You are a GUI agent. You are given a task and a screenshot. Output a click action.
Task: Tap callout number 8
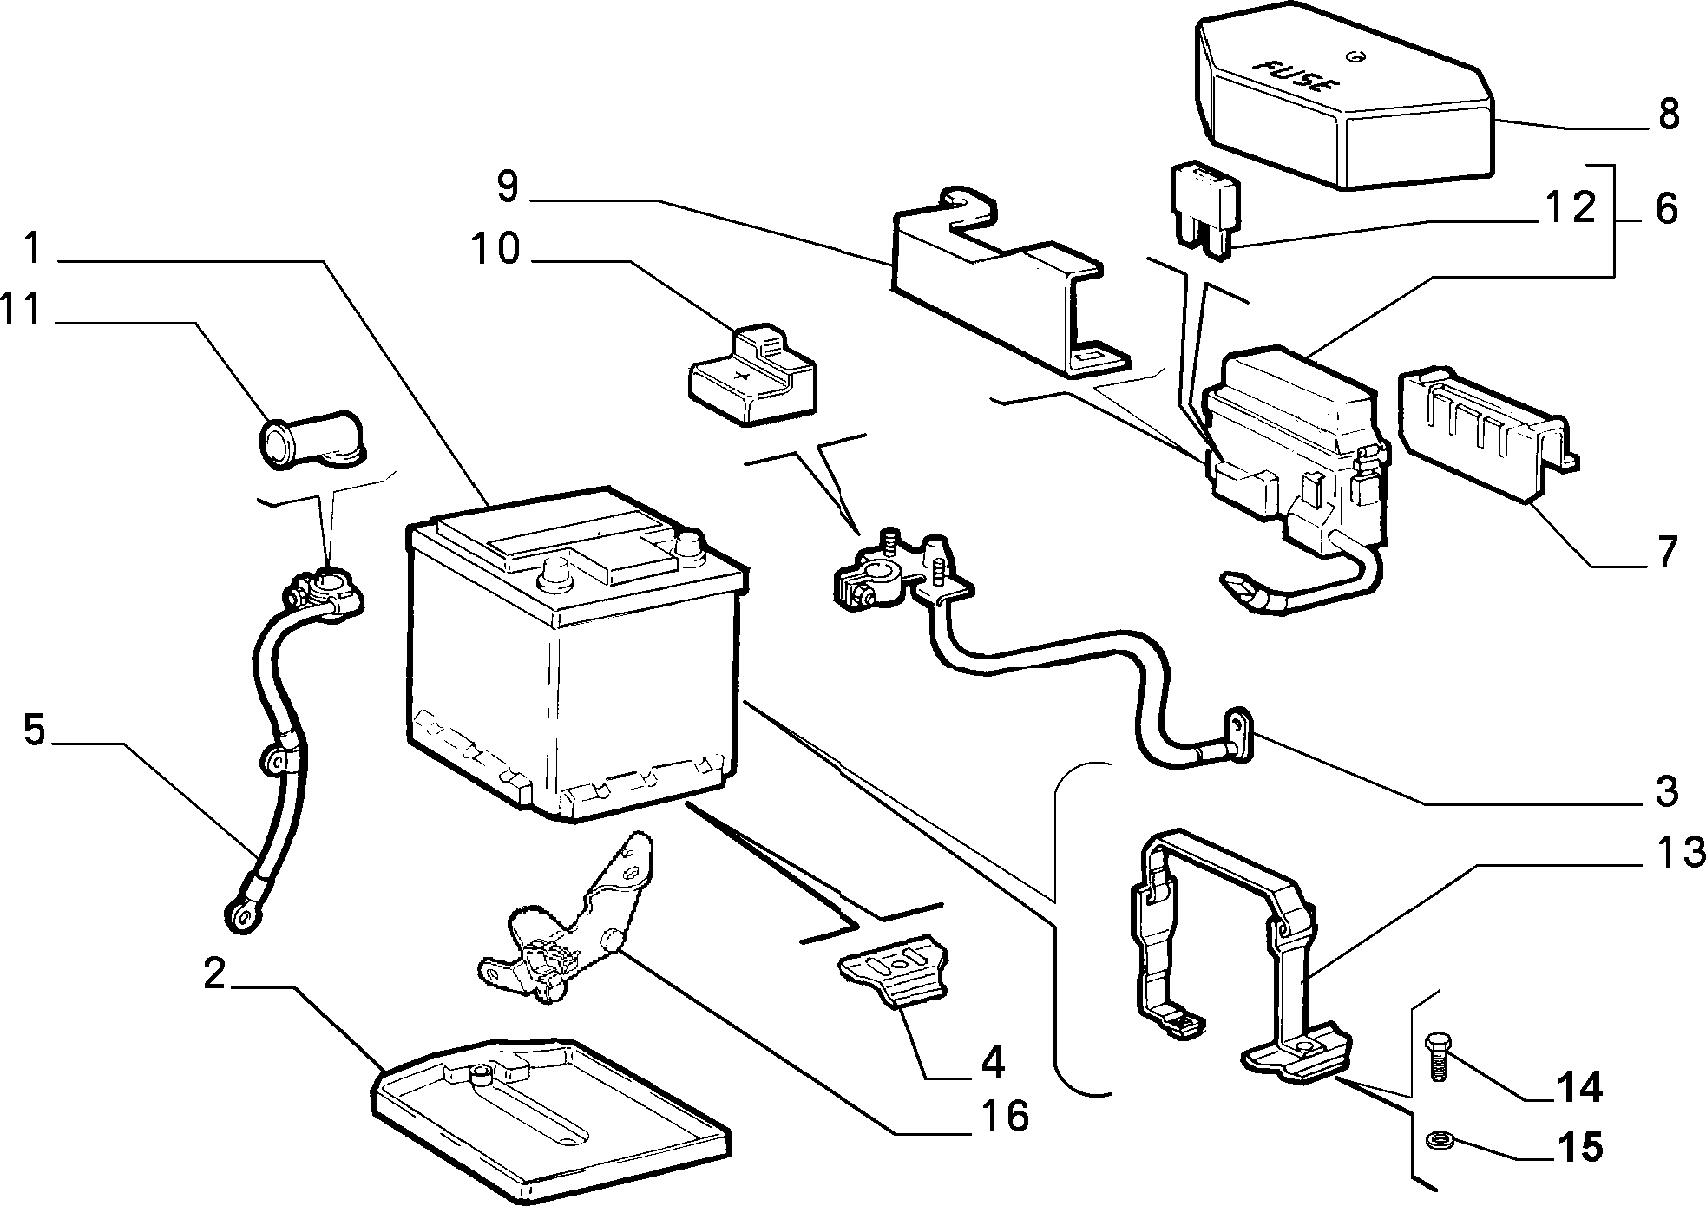coord(1668,115)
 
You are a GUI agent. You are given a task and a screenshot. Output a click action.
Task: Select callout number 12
coord(1569,208)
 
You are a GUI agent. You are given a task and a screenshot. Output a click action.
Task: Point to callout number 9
coord(507,187)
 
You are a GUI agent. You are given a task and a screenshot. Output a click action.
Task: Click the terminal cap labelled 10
coord(752,376)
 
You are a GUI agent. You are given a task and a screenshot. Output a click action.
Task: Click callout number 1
coord(33,250)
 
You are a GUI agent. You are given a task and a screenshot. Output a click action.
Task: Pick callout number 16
coord(1005,1116)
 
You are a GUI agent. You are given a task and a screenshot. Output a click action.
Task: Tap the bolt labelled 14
coord(1436,1056)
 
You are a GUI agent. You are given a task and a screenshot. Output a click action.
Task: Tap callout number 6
coord(1666,209)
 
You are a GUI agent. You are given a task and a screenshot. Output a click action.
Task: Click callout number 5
coord(33,730)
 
